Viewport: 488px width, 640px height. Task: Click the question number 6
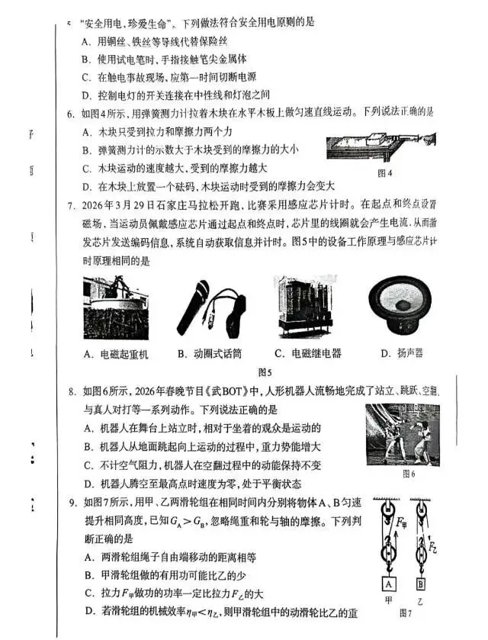pyautogui.click(x=71, y=112)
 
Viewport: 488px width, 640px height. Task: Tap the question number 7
pyautogui.click(x=71, y=205)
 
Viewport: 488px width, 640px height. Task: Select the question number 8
pyautogui.click(x=71, y=392)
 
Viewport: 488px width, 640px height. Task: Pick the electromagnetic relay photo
pyautogui.click(x=307, y=305)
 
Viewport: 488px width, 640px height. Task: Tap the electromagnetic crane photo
pyautogui.click(x=114, y=306)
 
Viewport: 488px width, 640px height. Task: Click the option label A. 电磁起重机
pyautogui.click(x=116, y=354)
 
